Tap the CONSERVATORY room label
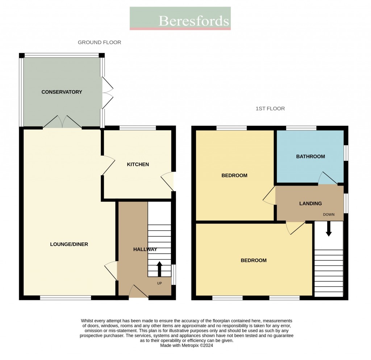tap(62, 92)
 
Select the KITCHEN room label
tap(138, 164)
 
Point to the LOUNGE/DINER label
tap(69, 244)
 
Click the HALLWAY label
tap(145, 249)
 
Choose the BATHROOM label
tap(310, 156)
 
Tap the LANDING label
tap(310, 204)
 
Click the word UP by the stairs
tap(159, 283)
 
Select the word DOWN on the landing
tap(329, 214)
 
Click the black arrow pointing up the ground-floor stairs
tap(159, 269)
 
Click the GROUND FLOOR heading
tap(99, 42)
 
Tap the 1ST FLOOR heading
tap(270, 108)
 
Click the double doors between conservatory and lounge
tap(62, 122)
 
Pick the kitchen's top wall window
tap(138, 127)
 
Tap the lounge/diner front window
tap(66, 298)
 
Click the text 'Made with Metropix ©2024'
tap(187, 346)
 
